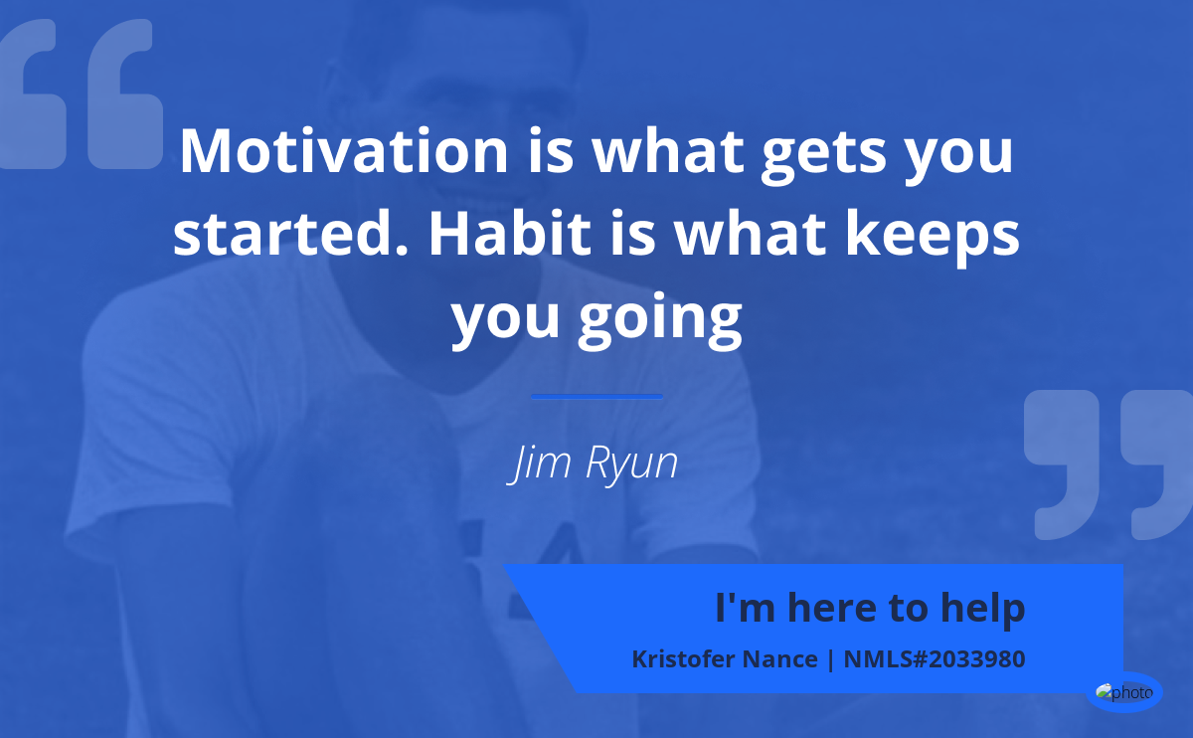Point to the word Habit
(510, 233)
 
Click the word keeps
(933, 237)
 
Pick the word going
(660, 319)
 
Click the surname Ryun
(631, 463)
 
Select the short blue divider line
(597, 397)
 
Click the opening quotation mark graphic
(81, 93)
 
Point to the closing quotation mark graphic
(1108, 464)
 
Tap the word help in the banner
(982, 609)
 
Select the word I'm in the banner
(745, 607)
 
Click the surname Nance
(779, 659)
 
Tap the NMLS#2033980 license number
(935, 659)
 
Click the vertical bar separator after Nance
(830, 659)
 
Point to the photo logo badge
(1124, 692)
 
